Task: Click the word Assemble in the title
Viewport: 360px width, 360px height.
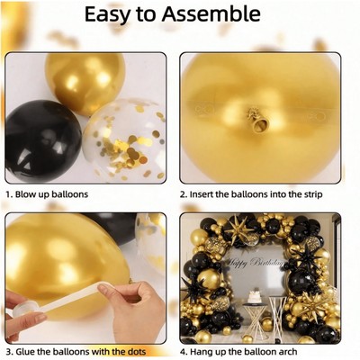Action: tap(211, 14)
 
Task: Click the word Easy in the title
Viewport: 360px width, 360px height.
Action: tap(107, 15)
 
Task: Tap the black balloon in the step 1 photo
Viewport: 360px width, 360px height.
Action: tap(42, 141)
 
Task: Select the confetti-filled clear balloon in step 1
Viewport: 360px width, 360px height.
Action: tap(125, 140)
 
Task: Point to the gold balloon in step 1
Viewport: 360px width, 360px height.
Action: tap(85, 83)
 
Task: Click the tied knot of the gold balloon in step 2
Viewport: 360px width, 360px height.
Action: tap(257, 121)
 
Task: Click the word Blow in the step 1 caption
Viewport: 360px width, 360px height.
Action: tap(25, 194)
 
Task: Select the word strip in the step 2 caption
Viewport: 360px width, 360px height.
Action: tap(311, 194)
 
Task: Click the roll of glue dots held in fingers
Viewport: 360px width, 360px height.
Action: tap(25, 310)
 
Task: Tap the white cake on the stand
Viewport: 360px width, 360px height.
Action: tap(254, 296)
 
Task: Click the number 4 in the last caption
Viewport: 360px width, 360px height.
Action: tap(183, 352)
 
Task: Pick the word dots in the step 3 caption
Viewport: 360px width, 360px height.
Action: tap(135, 351)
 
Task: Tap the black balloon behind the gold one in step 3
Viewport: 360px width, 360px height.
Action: tap(112, 226)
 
